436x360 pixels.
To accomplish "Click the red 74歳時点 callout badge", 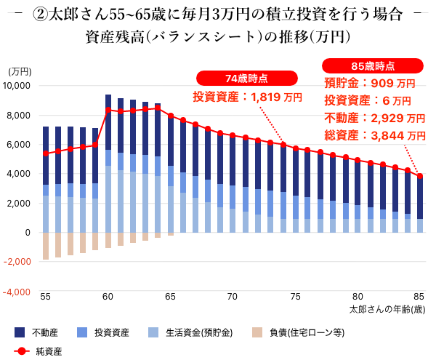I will [x=247, y=79].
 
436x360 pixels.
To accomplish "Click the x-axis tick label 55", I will [x=46, y=297].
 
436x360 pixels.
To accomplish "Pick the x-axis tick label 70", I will [x=233, y=297].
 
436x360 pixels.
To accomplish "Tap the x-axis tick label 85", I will [x=419, y=297].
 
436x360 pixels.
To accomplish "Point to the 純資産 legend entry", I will [x=41, y=351].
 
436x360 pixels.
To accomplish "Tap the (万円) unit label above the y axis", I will [x=20, y=71].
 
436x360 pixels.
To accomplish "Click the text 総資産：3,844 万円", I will [x=375, y=135].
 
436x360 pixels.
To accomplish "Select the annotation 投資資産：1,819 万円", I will [x=248, y=96].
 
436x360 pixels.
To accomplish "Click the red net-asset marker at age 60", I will [x=108, y=110].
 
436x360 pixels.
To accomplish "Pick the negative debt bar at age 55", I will [x=46, y=246].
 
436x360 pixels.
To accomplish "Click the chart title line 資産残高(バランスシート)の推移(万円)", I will [x=218, y=36].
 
